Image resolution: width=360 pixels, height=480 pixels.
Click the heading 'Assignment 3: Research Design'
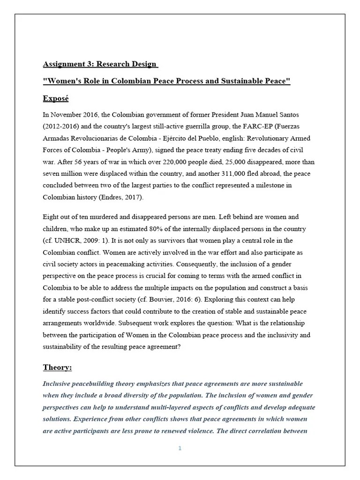[100, 64]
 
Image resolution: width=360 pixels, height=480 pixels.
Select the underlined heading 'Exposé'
[59, 98]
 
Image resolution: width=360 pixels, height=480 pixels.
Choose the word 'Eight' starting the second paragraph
[51, 217]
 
